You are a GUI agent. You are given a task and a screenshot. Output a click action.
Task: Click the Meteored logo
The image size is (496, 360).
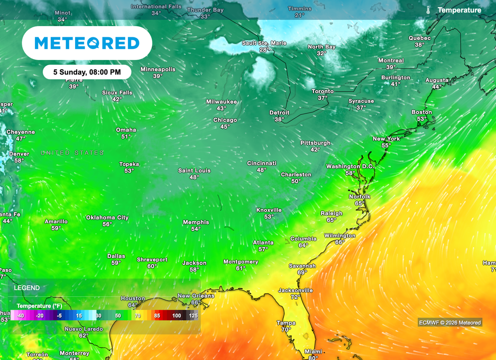pyautogui.click(x=87, y=43)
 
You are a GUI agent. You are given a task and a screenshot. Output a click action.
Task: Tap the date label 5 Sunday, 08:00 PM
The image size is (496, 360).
pyautogui.click(x=87, y=72)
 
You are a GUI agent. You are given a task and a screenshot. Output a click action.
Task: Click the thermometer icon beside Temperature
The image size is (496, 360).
pyautogui.click(x=428, y=10)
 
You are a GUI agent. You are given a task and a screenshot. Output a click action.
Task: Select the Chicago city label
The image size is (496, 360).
pyautogui.click(x=225, y=120)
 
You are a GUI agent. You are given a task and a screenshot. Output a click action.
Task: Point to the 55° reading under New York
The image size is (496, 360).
pyautogui.click(x=386, y=145)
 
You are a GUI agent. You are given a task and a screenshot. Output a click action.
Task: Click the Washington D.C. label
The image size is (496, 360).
pyautogui.click(x=350, y=166)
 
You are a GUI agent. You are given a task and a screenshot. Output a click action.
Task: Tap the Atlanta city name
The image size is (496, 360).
pyautogui.click(x=263, y=243)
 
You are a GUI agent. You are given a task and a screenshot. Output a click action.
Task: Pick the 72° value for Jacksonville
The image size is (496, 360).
pyautogui.click(x=295, y=297)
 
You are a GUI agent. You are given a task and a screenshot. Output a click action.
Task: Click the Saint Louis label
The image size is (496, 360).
pyautogui.click(x=194, y=171)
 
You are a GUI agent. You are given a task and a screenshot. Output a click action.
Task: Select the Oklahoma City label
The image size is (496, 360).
pyautogui.click(x=108, y=218)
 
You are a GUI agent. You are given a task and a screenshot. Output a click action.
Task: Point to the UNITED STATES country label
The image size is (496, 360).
pyautogui.click(x=72, y=153)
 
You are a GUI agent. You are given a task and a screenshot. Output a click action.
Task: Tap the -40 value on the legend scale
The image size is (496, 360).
pyautogui.click(x=20, y=315)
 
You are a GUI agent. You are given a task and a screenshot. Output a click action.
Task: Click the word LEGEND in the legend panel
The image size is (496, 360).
pyautogui.click(x=27, y=288)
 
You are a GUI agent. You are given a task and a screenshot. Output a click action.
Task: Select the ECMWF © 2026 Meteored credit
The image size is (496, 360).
pyautogui.click(x=449, y=323)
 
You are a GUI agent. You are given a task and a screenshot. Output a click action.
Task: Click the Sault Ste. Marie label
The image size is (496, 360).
pyautogui.click(x=264, y=43)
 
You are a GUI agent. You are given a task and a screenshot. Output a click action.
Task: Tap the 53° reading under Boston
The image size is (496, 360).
pyautogui.click(x=421, y=119)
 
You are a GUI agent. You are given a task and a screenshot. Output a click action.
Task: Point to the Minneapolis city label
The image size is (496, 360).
pyautogui.click(x=158, y=69)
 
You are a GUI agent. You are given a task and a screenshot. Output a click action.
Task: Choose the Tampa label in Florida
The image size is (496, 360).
pyautogui.click(x=286, y=323)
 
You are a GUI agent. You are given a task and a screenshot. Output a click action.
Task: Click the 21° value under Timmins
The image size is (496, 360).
pyautogui.click(x=299, y=15)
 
